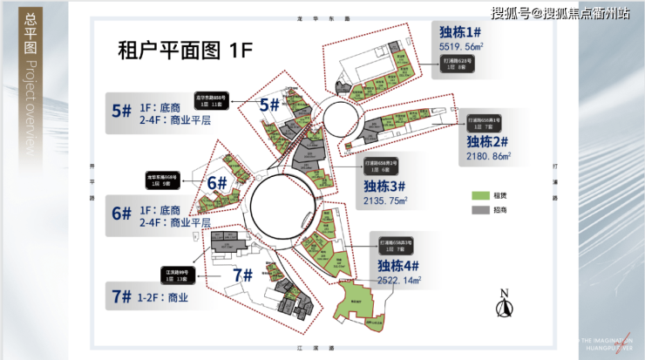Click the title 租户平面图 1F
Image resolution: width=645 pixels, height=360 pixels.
coord(178,50)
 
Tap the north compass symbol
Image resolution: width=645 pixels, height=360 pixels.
coord(503,305)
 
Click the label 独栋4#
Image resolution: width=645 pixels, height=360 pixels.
coord(400,265)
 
